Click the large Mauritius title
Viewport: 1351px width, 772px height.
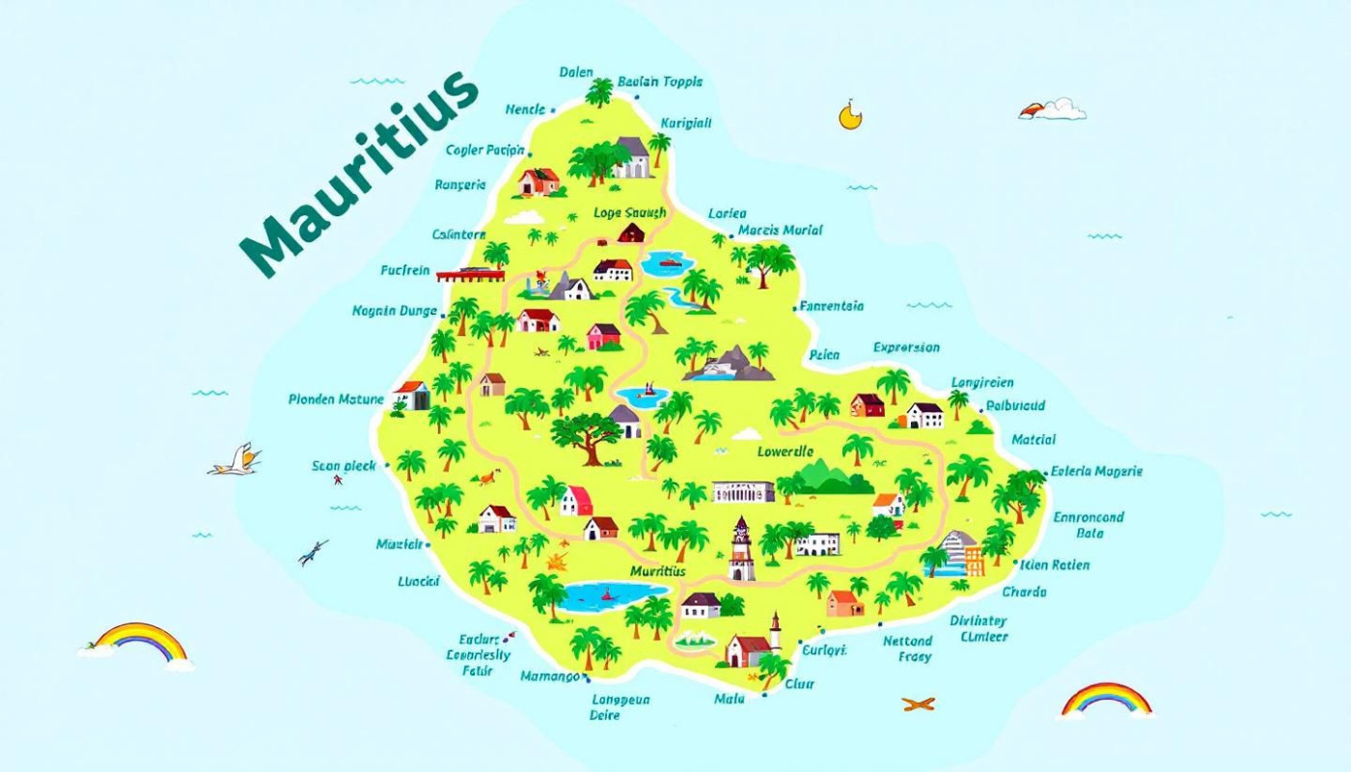[x=359, y=174]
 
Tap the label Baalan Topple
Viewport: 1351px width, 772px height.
[x=660, y=82]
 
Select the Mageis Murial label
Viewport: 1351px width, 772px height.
[x=780, y=231]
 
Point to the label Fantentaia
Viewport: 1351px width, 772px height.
[x=831, y=307]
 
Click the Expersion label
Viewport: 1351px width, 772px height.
[x=906, y=347]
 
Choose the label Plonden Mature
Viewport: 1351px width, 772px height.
[x=336, y=400]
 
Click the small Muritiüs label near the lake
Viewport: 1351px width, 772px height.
[x=657, y=571]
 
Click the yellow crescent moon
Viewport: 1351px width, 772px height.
[x=848, y=116]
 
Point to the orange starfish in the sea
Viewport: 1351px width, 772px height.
[x=918, y=703]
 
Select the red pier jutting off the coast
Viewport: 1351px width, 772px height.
[x=470, y=275]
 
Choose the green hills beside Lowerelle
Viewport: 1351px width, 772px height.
[x=823, y=477]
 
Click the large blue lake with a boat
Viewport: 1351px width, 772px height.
[x=613, y=595]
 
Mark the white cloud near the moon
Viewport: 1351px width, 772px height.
[x=1054, y=108]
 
